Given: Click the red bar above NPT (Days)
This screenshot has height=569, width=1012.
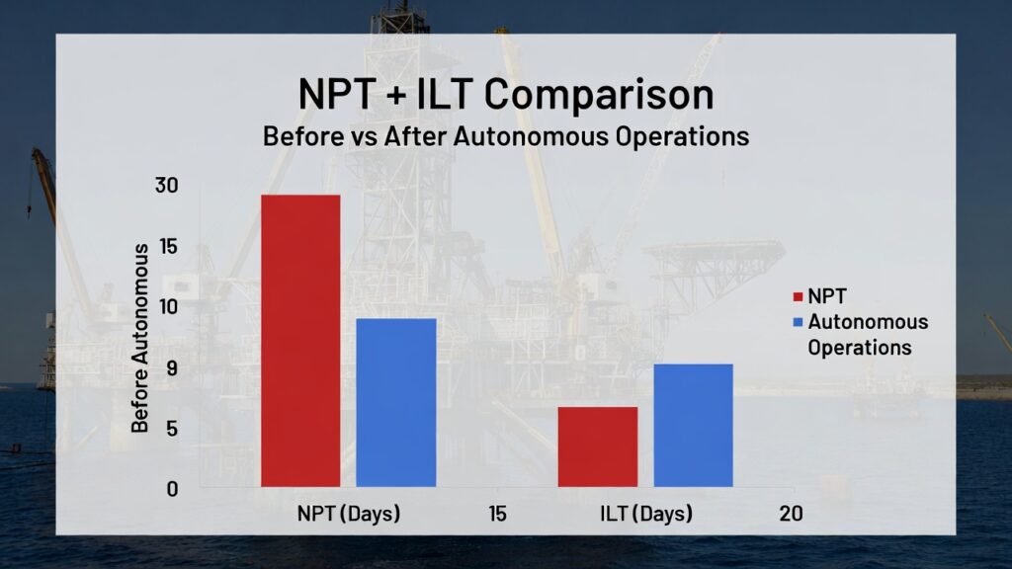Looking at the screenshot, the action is click(x=300, y=341).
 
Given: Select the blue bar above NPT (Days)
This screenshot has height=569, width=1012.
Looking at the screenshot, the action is click(x=396, y=403).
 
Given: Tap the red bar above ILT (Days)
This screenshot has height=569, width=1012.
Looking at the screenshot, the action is click(x=598, y=447).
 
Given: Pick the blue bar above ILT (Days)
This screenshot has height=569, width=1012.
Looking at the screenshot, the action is click(x=693, y=426).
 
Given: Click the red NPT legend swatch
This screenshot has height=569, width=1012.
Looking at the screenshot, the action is click(x=798, y=296).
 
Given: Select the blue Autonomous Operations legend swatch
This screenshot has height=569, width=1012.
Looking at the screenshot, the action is click(x=798, y=322).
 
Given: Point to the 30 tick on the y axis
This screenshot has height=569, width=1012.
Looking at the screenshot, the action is click(x=166, y=185).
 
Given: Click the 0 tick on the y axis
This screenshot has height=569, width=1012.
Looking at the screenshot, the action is click(x=172, y=489).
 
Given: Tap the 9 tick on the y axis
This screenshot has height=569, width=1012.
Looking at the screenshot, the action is click(x=172, y=367).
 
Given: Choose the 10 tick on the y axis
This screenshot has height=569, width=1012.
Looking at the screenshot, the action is click(x=168, y=306).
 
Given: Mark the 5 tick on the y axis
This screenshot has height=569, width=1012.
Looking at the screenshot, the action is click(x=172, y=429).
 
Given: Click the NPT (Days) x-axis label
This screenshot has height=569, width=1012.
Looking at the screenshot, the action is click(x=349, y=514).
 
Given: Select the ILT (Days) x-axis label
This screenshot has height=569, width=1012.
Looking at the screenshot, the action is click(x=646, y=514).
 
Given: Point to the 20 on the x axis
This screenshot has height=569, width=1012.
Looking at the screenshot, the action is click(x=792, y=514).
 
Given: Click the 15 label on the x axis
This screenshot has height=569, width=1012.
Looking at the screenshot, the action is click(x=498, y=514).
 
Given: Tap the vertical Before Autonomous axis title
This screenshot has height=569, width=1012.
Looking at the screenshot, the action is click(x=140, y=338).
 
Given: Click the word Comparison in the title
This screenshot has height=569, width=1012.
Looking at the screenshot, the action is click(x=599, y=96).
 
